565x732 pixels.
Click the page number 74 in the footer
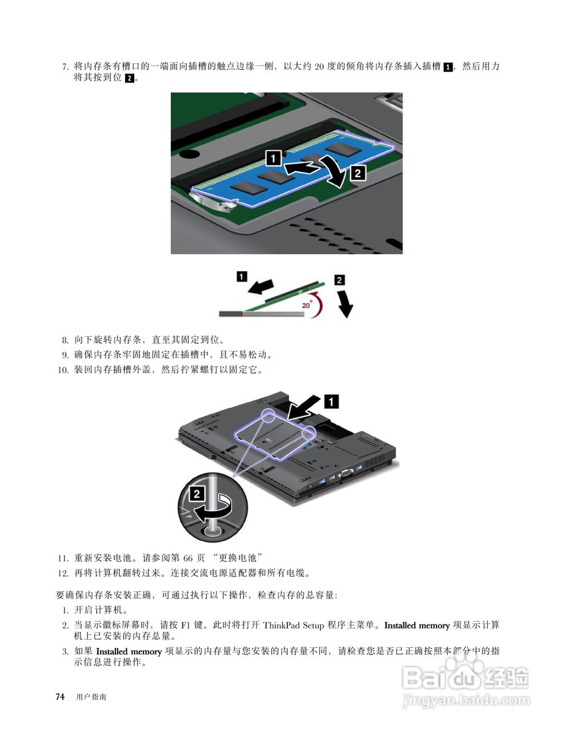coord(59,697)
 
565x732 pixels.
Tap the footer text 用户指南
coord(91,697)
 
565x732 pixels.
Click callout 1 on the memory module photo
coord(274,157)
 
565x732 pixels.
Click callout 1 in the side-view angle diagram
coord(242,277)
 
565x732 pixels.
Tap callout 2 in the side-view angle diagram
coord(339,280)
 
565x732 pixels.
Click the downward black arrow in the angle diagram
coord(345,304)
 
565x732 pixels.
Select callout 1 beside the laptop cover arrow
coord(331,401)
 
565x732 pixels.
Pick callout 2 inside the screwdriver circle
coord(197,494)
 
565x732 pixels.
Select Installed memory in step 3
coord(129,651)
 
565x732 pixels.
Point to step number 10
coord(63,369)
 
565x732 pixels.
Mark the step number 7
coord(65,66)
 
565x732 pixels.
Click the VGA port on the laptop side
coord(345,473)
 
